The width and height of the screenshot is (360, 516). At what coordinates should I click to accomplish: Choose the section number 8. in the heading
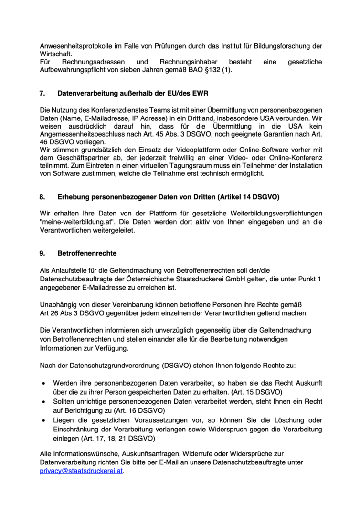tap(42, 196)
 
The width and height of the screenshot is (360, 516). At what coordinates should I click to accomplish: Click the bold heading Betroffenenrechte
tap(87, 253)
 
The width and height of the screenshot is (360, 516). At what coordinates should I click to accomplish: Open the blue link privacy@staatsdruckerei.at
tap(81, 471)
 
